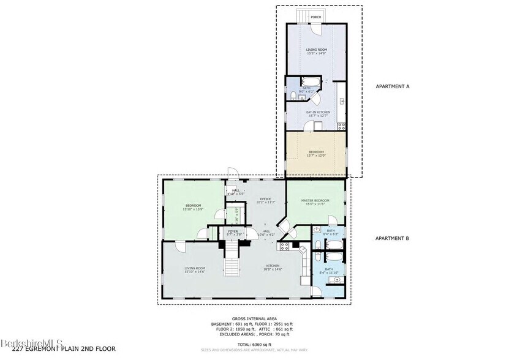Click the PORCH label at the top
tap(316, 17)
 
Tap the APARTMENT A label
tap(392, 87)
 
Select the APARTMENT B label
tap(392, 239)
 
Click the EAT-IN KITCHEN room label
tap(318, 112)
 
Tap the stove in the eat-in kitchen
tap(342, 126)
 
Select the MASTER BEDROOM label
tap(315, 201)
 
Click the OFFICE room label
tap(265, 199)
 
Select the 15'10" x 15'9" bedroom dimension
tap(193, 209)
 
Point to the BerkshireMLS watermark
tap(28, 342)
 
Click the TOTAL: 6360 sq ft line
tap(254, 344)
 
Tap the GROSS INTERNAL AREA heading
tap(254, 319)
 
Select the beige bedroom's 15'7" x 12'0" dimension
tap(316, 155)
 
